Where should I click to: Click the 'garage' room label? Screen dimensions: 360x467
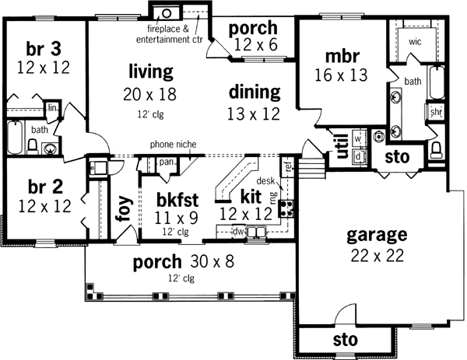click(376, 233)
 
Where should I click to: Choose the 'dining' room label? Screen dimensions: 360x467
click(255, 92)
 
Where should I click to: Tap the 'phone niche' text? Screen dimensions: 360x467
click(174, 145)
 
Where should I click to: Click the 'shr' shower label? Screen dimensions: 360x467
click(435, 112)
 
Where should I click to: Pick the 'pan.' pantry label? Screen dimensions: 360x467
click(166, 163)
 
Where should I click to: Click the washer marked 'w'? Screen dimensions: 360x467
click(358, 138)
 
